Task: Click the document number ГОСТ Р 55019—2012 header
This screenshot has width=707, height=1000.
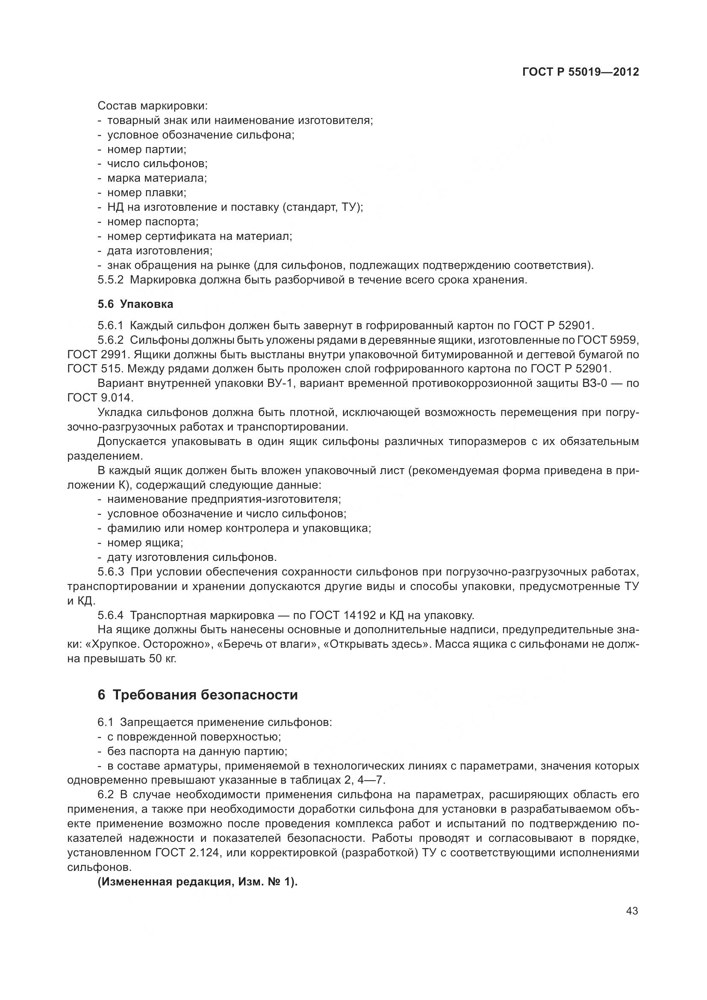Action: tap(580, 72)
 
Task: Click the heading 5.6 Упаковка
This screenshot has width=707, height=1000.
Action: tap(136, 304)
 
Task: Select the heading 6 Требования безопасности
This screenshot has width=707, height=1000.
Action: tap(197, 695)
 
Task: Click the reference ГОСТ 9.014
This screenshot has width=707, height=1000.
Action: tap(100, 398)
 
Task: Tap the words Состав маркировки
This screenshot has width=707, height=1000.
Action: tap(152, 106)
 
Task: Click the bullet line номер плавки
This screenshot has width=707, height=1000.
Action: tap(146, 192)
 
